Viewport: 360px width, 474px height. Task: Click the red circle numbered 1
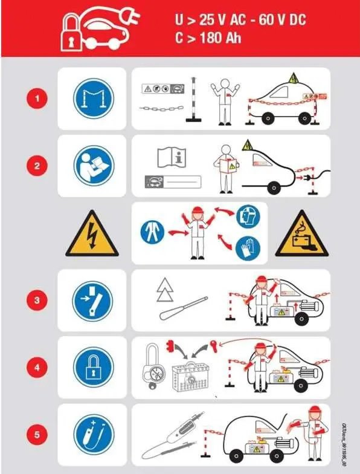point(38,98)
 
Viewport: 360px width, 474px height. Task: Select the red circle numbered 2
point(38,166)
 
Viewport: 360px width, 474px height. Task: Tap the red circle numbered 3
point(38,300)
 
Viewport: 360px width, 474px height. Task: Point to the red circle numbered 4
point(38,368)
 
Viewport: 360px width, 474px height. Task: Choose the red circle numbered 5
point(38,435)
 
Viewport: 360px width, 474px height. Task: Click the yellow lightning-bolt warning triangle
point(92,233)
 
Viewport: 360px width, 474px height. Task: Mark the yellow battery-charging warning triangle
point(297,235)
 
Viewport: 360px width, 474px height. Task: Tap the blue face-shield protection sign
point(248,215)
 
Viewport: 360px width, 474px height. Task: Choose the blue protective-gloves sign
point(248,248)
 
